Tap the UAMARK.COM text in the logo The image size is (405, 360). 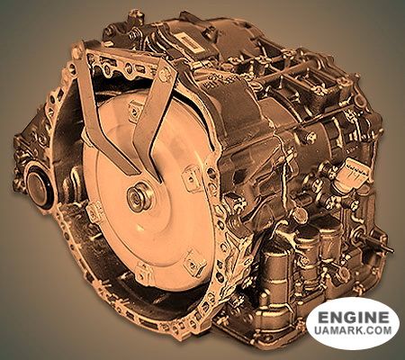tap(353, 330)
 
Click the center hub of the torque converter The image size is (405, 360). tap(139, 197)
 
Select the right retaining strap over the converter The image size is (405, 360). tap(153, 120)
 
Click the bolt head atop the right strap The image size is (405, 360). tap(165, 74)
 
